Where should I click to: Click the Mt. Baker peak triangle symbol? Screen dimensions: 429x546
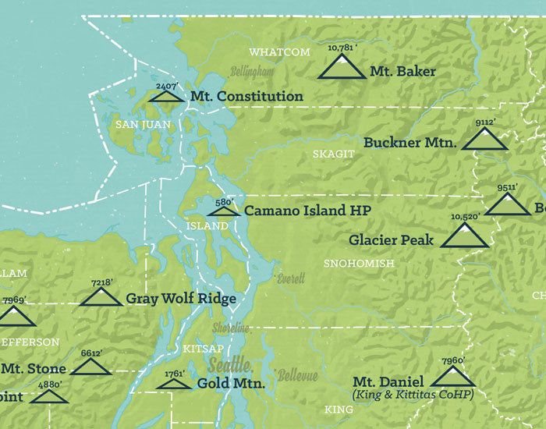[342, 68]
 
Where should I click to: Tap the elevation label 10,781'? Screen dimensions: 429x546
[342, 48]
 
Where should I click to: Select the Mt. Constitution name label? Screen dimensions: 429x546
[246, 97]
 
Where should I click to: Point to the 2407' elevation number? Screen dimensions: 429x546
[167, 86]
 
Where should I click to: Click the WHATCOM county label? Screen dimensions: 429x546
[279, 52]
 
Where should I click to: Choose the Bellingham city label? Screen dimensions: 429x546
[252, 71]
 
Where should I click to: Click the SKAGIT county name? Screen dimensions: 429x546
[333, 154]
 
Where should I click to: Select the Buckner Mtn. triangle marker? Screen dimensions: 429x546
[484, 140]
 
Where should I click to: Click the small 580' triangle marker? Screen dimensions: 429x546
[223, 211]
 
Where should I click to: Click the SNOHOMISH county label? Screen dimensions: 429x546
[359, 264]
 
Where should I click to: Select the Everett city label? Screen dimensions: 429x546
[285, 278]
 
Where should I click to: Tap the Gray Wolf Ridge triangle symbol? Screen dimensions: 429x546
[101, 297]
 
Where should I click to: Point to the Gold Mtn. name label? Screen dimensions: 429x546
[231, 384]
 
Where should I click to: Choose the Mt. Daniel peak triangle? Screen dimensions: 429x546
[453, 378]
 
